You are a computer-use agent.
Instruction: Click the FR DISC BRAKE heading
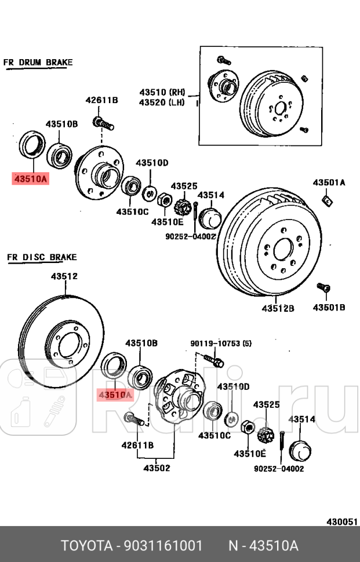tap(41, 257)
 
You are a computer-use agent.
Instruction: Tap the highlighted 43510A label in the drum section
tap(30, 179)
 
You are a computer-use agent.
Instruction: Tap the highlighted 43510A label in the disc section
tap(115, 395)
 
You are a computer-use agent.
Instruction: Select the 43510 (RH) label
tap(162, 92)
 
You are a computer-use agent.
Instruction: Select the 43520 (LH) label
tap(162, 103)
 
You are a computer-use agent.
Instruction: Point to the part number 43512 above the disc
tap(64, 276)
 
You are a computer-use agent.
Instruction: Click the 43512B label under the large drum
tap(278, 308)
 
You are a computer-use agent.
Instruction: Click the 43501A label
tap(329, 183)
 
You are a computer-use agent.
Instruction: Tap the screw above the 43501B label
tap(323, 287)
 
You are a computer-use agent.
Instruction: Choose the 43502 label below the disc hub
tap(157, 468)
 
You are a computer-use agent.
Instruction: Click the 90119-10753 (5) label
tap(221, 344)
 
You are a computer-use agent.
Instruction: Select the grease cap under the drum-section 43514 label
tap(210, 219)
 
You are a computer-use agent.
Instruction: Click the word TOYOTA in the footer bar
tap(86, 546)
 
